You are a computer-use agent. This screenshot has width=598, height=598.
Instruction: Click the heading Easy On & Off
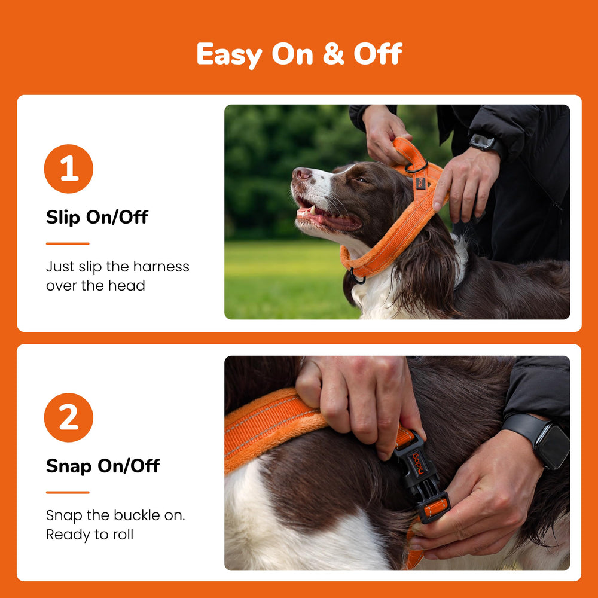[299, 54]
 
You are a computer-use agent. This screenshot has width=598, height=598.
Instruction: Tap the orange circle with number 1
[69, 169]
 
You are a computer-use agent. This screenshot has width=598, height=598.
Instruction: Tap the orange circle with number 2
[69, 417]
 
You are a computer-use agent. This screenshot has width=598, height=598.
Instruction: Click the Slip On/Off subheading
[97, 218]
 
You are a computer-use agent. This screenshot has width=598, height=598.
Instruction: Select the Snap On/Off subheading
[103, 466]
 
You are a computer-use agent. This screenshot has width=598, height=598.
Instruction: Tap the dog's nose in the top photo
[301, 174]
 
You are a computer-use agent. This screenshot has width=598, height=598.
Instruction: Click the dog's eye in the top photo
[360, 179]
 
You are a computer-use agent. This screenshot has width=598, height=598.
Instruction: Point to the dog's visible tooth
[312, 209]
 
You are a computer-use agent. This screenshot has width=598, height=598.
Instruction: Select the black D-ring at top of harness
[416, 168]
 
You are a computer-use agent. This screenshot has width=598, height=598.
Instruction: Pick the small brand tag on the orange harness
[421, 183]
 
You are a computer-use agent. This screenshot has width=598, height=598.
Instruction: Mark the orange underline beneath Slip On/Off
[68, 243]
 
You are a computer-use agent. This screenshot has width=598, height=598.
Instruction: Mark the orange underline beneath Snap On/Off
[68, 492]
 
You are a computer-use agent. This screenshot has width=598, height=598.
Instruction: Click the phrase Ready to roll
[90, 535]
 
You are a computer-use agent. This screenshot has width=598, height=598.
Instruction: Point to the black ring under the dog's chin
[357, 276]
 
